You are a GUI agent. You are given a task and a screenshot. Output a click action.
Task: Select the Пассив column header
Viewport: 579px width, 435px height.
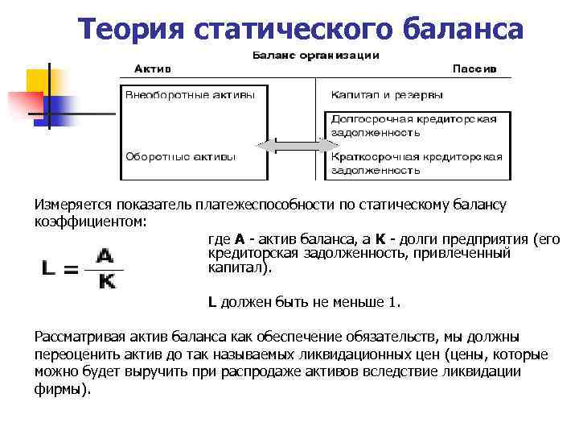[x=474, y=68]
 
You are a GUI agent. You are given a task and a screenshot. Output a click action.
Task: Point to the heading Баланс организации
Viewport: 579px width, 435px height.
[x=316, y=56]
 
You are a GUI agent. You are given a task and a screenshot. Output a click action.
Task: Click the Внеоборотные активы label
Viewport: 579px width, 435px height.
[x=190, y=94]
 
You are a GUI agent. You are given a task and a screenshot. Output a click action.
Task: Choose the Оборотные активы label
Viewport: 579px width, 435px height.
[x=180, y=155]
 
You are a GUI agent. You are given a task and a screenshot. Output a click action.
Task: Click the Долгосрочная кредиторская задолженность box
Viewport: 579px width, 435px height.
[x=414, y=125]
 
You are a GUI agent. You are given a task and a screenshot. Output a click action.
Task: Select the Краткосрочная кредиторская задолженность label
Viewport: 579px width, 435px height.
[x=416, y=162]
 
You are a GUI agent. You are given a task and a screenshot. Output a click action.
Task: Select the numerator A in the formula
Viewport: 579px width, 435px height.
[x=105, y=255]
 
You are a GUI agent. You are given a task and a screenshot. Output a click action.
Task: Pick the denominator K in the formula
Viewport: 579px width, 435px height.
[x=105, y=283]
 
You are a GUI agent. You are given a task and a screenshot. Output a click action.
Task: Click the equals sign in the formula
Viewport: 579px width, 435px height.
[x=71, y=271]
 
